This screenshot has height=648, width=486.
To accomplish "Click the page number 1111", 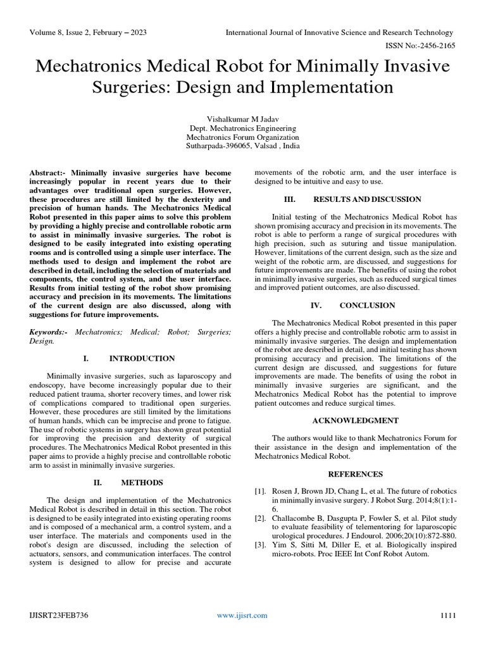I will tap(447, 615).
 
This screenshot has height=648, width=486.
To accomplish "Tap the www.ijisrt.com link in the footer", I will tap(242, 615).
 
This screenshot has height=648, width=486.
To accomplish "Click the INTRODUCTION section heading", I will tap(142, 358).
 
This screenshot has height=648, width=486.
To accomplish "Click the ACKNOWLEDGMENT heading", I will tap(354, 420).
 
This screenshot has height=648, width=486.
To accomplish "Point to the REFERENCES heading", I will tap(354, 474).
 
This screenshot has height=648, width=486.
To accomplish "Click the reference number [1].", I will tap(259, 492).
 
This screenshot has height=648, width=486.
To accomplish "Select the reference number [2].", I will tap(259, 518).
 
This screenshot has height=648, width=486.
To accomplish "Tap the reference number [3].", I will tap(259, 545).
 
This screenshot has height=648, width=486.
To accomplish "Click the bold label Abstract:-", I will tap(49, 172).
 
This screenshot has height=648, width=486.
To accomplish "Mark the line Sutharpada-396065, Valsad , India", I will tap(243, 146).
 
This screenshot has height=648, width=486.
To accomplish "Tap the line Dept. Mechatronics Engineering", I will tap(243, 127).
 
